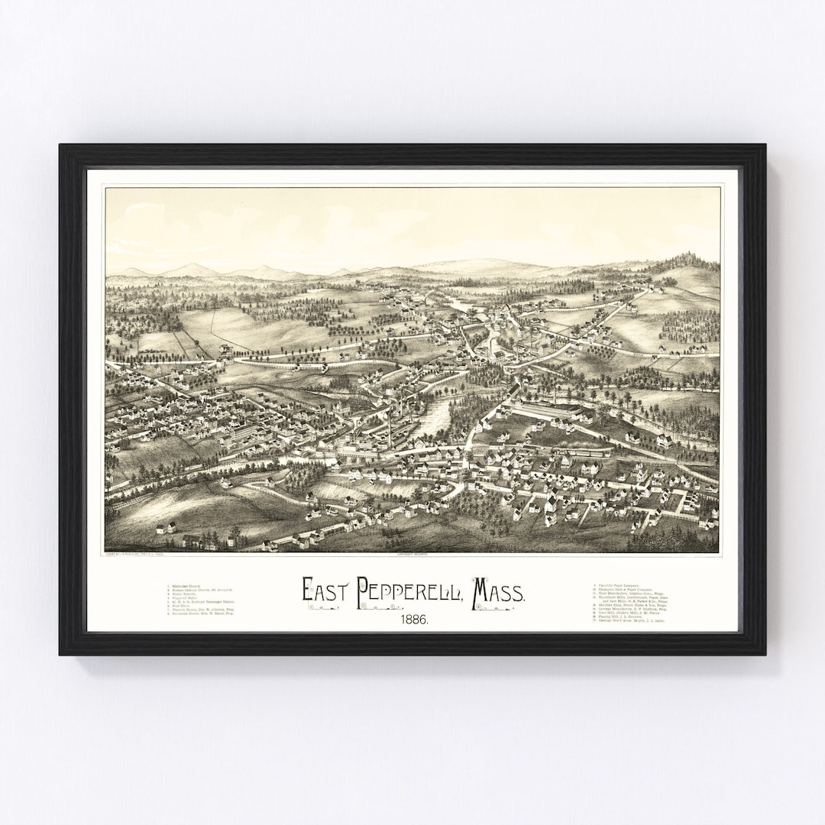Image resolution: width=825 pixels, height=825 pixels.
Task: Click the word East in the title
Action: tap(324, 590)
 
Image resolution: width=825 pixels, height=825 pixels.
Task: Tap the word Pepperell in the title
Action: tap(405, 590)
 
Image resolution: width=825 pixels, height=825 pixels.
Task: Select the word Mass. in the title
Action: tap(498, 590)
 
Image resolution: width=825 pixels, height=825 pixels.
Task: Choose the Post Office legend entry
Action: tap(180, 606)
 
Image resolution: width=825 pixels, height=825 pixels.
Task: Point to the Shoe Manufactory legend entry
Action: tap(632, 594)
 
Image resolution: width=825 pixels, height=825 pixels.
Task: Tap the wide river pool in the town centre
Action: tap(435, 416)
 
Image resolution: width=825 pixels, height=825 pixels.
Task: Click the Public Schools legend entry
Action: tap(183, 595)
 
